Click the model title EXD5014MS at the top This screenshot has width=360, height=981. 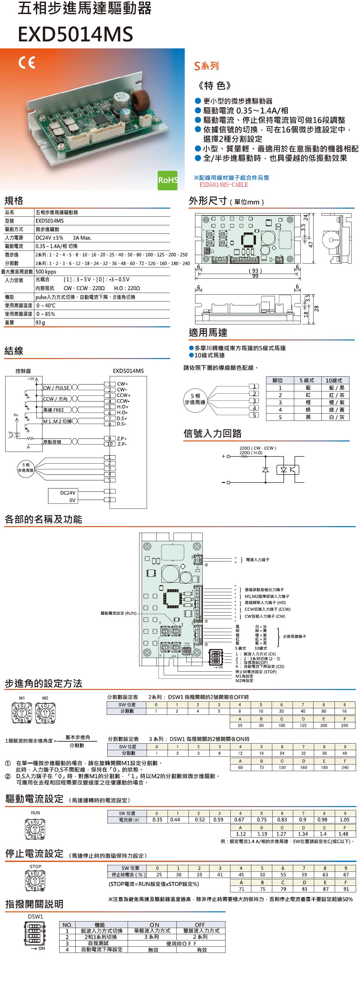coord(75,34)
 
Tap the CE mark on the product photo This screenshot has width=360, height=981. coord(27,62)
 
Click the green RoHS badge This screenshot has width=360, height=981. coord(168,180)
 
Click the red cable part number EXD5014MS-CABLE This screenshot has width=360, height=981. coord(224,185)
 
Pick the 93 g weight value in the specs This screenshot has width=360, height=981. coord(40,322)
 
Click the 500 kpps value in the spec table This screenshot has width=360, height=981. coord(46,271)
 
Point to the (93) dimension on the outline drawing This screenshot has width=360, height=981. coord(255,271)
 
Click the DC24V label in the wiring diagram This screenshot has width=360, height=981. coord(68,492)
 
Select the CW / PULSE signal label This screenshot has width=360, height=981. coord(56,388)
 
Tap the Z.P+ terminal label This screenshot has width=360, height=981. coord(122,438)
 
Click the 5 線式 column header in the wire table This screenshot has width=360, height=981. coord(307,380)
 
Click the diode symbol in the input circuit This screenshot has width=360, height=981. coord(265,469)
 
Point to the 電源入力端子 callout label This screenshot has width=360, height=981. coord(258,560)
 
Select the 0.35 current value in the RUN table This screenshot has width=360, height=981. coord(157,819)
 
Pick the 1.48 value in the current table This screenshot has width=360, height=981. coord(343,834)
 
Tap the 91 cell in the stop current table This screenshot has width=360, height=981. coord(346,889)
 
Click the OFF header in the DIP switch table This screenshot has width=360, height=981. coord(200,925)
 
